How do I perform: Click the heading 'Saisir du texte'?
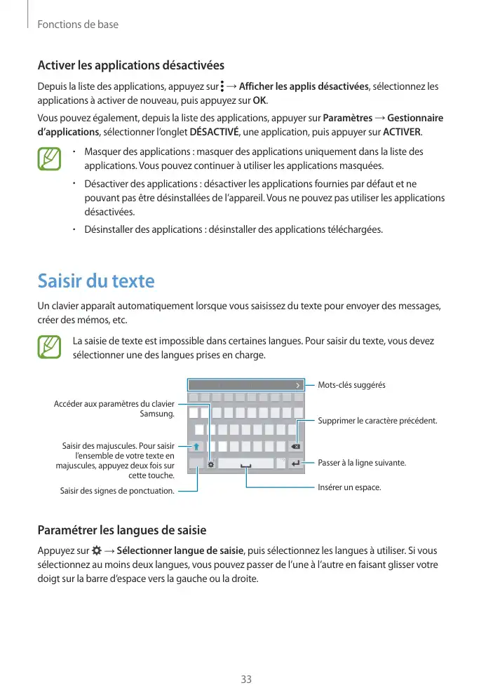click(95, 281)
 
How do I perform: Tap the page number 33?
click(246, 679)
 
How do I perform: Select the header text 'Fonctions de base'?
click(77, 25)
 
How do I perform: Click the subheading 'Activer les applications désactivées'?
click(130, 65)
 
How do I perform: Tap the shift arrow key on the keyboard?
click(197, 446)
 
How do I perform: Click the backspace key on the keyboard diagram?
click(296, 447)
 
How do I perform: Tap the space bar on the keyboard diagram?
click(246, 463)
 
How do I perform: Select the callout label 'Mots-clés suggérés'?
click(351, 385)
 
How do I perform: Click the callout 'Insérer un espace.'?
click(349, 487)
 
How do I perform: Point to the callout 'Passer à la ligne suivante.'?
click(362, 463)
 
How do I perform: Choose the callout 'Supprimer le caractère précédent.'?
click(377, 421)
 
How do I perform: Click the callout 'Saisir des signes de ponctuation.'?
click(118, 491)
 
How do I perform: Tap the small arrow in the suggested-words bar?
click(297, 385)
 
